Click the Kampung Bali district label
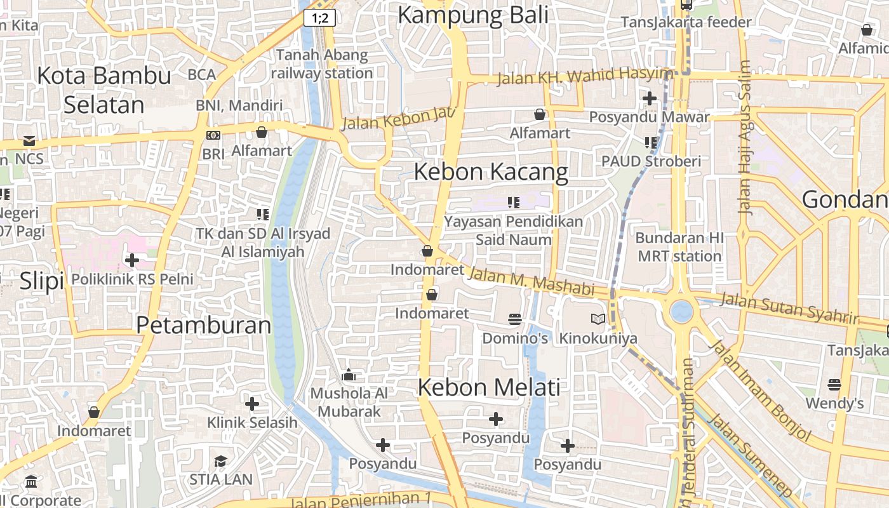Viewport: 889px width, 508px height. pos(472,15)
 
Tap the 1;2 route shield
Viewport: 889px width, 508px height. pos(319,18)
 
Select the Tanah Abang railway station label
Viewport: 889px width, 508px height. pos(322,64)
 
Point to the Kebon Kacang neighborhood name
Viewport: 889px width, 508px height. pos(491,172)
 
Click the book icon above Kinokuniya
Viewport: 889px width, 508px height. pos(598,319)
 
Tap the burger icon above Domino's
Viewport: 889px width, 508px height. pos(515,319)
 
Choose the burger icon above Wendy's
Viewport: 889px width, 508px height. pos(834,385)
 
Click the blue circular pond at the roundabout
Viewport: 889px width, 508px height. pos(681,311)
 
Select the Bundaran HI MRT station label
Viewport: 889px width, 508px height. pos(679,247)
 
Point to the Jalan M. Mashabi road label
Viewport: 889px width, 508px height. pos(531,283)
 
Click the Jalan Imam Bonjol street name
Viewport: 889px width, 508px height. pos(760,391)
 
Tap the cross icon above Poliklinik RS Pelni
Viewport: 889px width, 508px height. pos(132,260)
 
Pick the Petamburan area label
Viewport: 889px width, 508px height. pos(203,325)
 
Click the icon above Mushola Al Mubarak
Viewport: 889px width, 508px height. pos(348,375)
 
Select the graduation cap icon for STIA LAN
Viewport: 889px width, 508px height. pos(220,461)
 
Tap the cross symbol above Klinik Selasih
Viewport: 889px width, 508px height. pos(252,403)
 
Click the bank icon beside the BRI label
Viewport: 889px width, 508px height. pos(213,135)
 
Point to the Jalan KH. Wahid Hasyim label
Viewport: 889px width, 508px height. pos(584,76)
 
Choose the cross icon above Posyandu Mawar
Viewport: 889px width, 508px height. pos(650,98)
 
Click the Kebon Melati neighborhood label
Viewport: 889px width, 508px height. pos(489,387)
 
